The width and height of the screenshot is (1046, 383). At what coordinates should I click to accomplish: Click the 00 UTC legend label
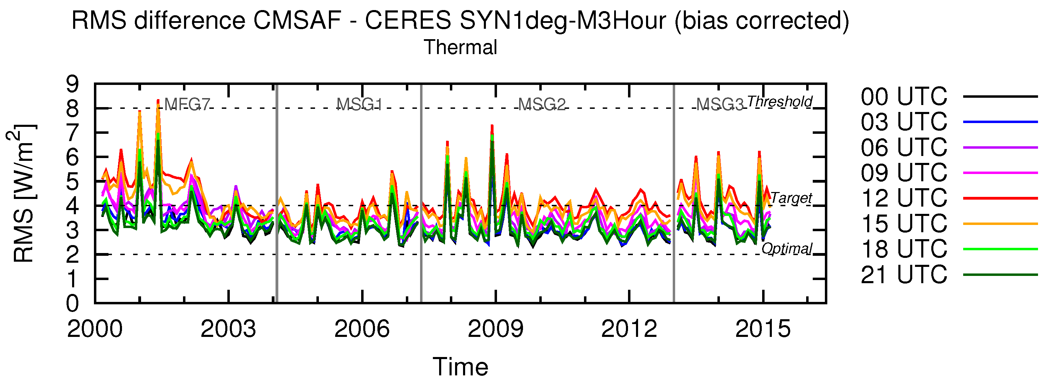(904, 97)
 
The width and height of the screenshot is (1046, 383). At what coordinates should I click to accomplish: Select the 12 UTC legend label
(904, 198)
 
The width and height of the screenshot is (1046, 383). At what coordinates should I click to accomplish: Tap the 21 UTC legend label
(904, 275)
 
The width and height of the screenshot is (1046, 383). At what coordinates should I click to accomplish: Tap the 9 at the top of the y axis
(73, 85)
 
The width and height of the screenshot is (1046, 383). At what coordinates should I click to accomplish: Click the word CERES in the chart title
(408, 20)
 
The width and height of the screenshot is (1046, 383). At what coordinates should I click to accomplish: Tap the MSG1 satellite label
(359, 105)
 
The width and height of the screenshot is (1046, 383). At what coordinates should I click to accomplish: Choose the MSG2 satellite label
(542, 105)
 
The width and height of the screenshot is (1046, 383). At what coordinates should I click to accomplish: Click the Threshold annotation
(779, 102)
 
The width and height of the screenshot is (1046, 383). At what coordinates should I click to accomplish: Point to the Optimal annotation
(786, 248)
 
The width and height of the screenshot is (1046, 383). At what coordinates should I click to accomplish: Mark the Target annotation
(791, 198)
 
